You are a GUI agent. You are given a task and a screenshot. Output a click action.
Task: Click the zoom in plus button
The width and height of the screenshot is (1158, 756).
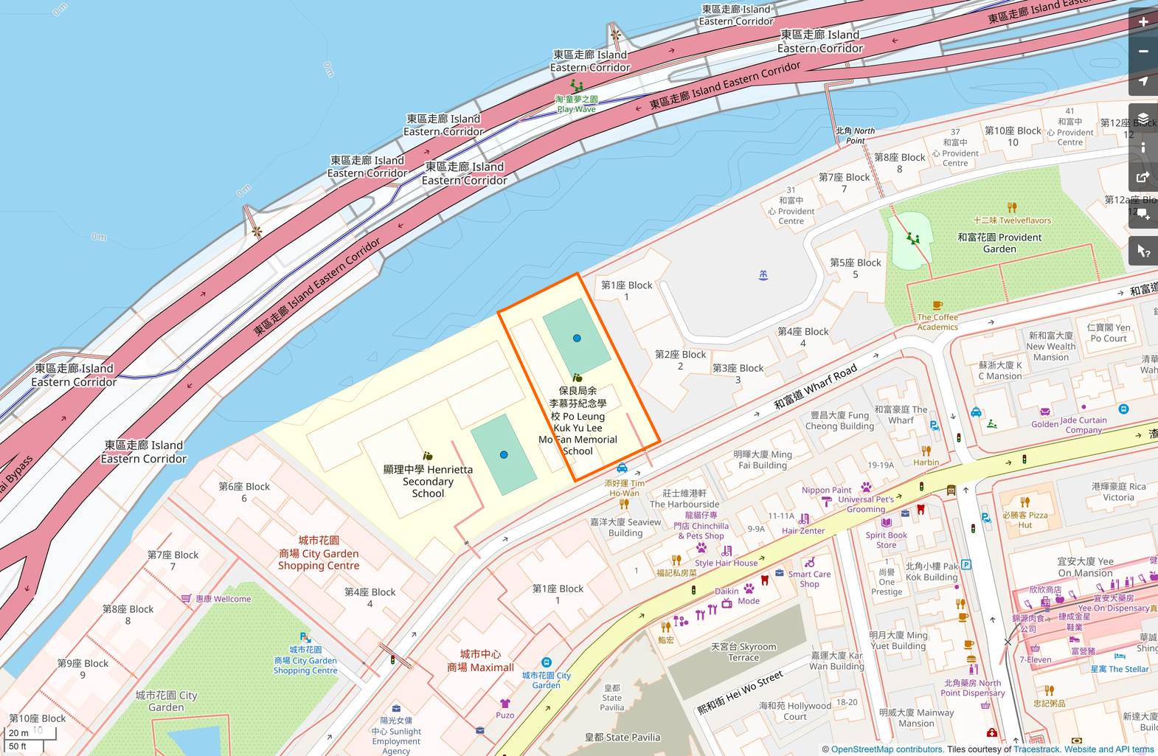[x=1143, y=22]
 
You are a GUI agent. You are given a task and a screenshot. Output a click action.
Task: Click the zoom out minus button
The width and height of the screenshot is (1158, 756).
[x=1143, y=52]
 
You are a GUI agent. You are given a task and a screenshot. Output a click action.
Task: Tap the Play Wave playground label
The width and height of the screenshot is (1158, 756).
[x=576, y=104]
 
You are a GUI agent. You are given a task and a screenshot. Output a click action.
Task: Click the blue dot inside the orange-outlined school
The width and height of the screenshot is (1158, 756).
[x=577, y=339]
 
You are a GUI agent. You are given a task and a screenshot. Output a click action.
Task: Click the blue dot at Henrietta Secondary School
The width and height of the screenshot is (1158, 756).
[x=504, y=455]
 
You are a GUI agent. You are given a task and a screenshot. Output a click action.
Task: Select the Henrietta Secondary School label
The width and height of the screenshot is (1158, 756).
[x=428, y=481]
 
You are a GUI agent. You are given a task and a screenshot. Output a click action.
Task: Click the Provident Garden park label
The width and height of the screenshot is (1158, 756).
[x=999, y=243]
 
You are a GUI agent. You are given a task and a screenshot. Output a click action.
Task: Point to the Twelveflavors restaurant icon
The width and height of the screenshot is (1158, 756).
[x=1012, y=208]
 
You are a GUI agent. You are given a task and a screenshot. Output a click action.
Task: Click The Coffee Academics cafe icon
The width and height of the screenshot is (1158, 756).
[x=937, y=305]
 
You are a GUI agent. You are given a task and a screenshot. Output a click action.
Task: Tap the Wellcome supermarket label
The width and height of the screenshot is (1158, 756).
[x=223, y=599]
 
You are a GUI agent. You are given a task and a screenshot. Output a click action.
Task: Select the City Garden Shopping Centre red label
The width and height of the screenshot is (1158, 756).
[x=319, y=553]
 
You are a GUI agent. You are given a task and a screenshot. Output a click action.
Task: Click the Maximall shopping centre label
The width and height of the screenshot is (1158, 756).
[x=480, y=661]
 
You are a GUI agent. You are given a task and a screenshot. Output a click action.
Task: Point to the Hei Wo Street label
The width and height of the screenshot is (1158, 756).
[x=741, y=693]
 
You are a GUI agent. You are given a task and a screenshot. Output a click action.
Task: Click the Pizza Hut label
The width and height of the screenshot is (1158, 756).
[x=1025, y=520]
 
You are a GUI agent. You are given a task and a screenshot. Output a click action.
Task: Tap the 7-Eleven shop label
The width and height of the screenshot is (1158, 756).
[x=1035, y=659]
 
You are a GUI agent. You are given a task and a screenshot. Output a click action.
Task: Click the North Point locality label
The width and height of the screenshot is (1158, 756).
[x=856, y=135]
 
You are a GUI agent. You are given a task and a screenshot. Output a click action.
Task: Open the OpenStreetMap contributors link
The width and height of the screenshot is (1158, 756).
[x=887, y=749]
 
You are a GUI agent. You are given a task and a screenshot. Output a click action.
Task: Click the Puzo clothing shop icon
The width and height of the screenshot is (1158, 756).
[x=505, y=704]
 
